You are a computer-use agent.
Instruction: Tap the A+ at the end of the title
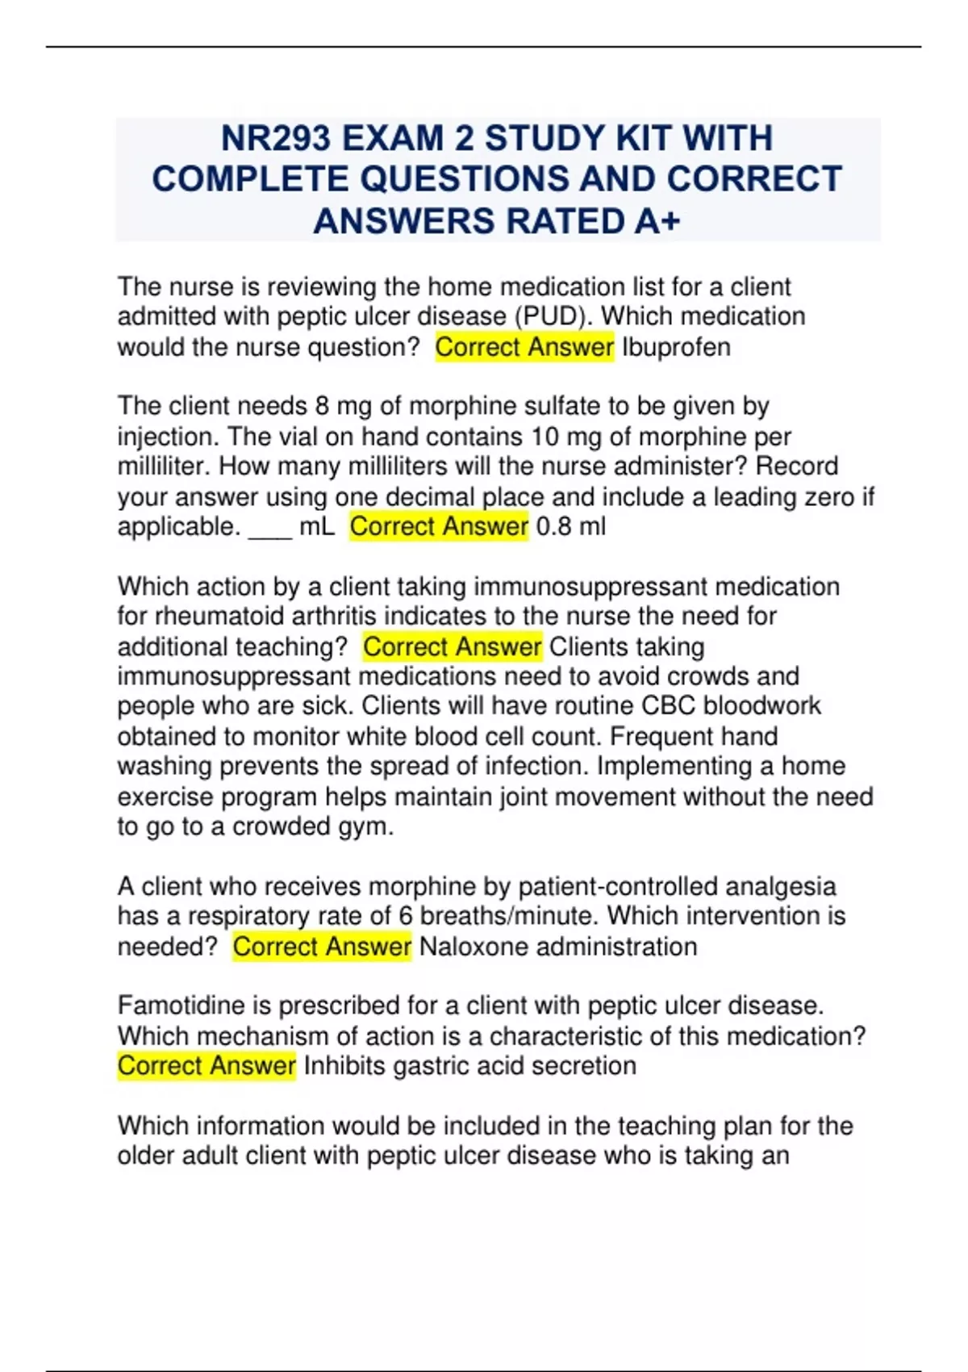click(x=657, y=221)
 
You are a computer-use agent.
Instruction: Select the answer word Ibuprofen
click(x=676, y=347)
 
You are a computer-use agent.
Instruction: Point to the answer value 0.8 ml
click(x=570, y=526)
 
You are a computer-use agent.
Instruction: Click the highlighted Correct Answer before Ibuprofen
click(x=524, y=347)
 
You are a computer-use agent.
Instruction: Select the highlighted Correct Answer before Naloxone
click(x=322, y=946)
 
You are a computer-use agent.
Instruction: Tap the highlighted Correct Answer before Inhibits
click(x=207, y=1065)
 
